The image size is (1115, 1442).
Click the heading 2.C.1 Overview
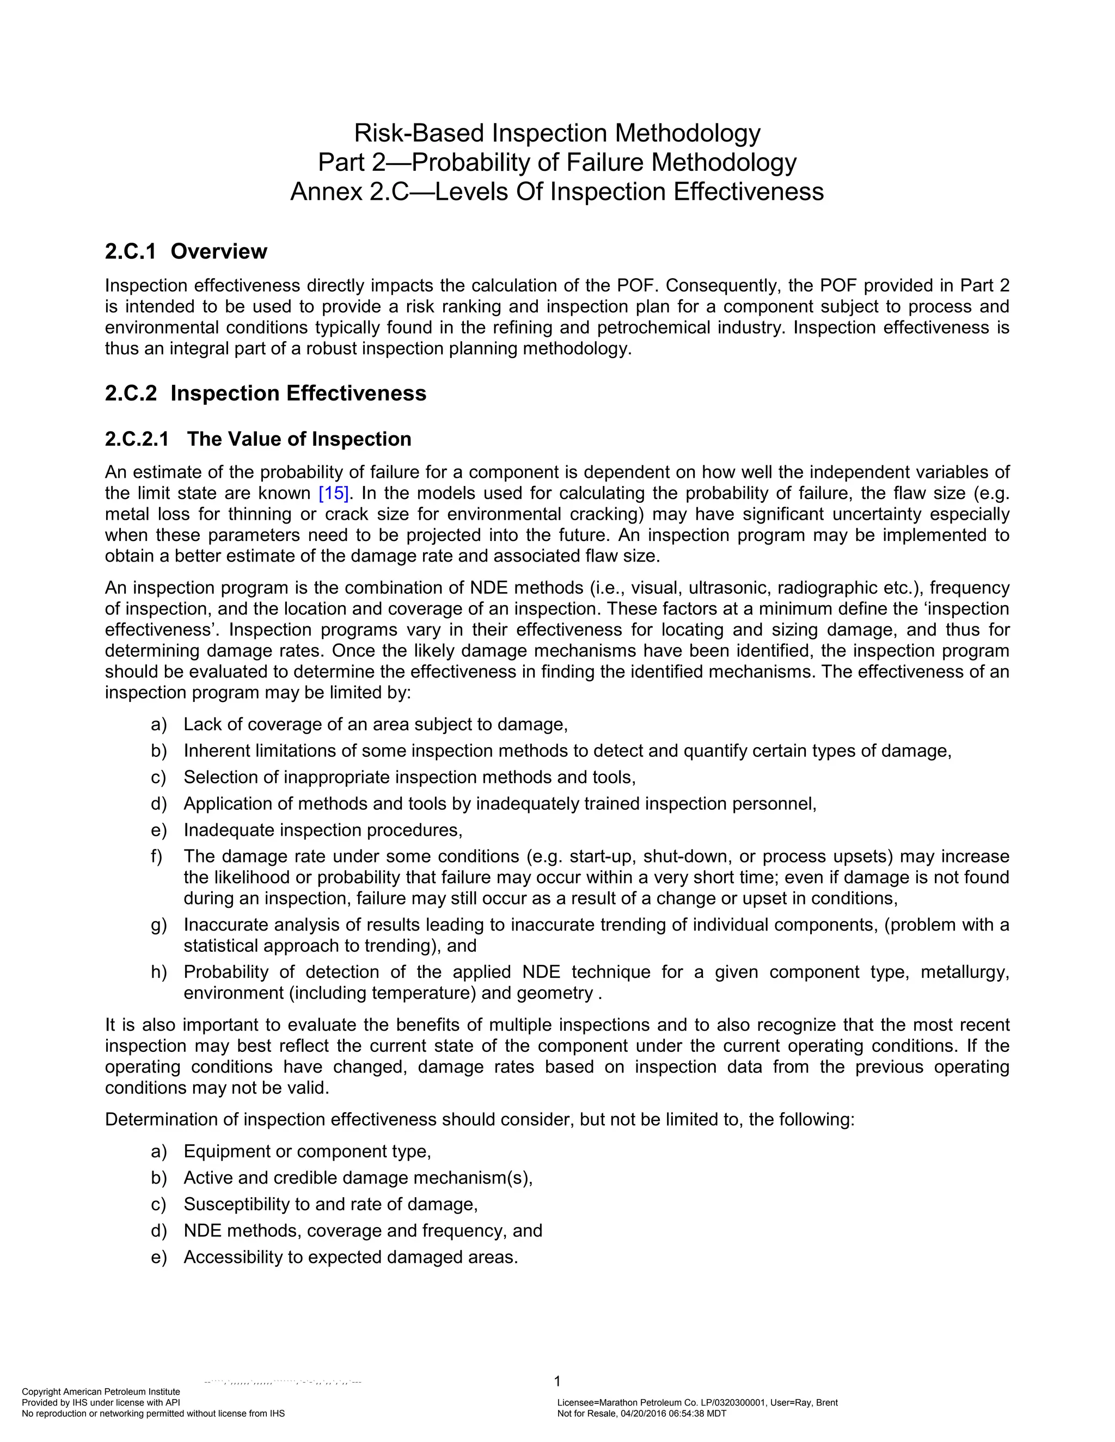coord(186,251)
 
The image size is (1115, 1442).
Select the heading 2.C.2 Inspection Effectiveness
coord(266,393)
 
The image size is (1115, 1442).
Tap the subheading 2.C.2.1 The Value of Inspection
coord(258,439)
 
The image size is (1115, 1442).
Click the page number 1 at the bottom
coord(557,1381)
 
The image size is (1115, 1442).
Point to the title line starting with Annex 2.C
coord(557,192)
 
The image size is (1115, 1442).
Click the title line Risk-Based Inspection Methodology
coord(557,133)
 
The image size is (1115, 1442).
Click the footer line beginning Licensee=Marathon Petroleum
coord(697,1402)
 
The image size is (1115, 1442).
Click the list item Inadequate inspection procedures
coord(322,830)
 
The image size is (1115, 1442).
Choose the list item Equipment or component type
coord(307,1151)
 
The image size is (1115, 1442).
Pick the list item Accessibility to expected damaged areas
coord(350,1257)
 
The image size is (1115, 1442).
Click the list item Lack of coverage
coord(375,724)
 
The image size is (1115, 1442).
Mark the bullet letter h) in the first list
coord(158,972)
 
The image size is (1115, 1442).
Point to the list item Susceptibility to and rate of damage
coord(330,1204)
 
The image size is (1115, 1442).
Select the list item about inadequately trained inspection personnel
coord(499,804)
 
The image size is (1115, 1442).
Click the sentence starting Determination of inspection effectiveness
coord(480,1120)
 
